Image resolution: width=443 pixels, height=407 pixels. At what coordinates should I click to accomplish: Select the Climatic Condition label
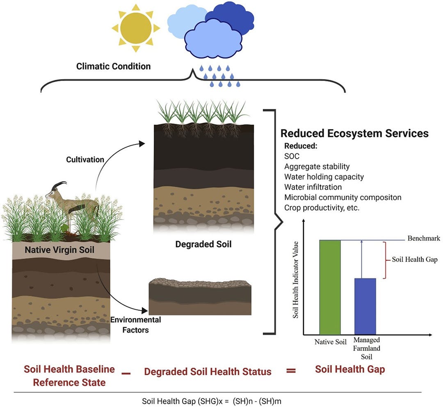113,66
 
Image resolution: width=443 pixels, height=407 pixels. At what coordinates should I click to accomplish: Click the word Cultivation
85,159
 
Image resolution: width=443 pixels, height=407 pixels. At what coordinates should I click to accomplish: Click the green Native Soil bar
330,287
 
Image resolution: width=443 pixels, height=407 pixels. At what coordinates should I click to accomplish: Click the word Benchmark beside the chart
424,239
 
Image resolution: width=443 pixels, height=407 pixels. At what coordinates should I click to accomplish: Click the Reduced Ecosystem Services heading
354,133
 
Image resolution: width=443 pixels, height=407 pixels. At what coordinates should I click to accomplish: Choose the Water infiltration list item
313,187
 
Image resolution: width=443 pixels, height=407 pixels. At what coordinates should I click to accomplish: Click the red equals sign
291,371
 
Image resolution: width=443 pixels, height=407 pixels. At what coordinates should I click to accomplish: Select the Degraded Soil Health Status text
208,372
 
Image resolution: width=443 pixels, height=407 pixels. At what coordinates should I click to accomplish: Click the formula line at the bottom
212,400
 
